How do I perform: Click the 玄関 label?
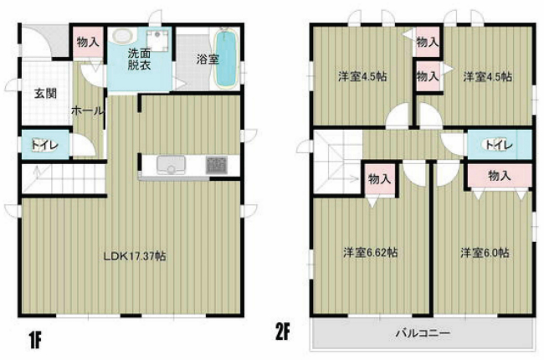(x=45, y=94)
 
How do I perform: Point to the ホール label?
(x=87, y=111)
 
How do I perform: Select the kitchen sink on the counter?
(x=171, y=166)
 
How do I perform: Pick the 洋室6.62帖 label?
(x=369, y=251)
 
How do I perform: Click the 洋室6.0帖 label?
(x=484, y=251)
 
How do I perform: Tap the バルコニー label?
(x=422, y=332)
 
